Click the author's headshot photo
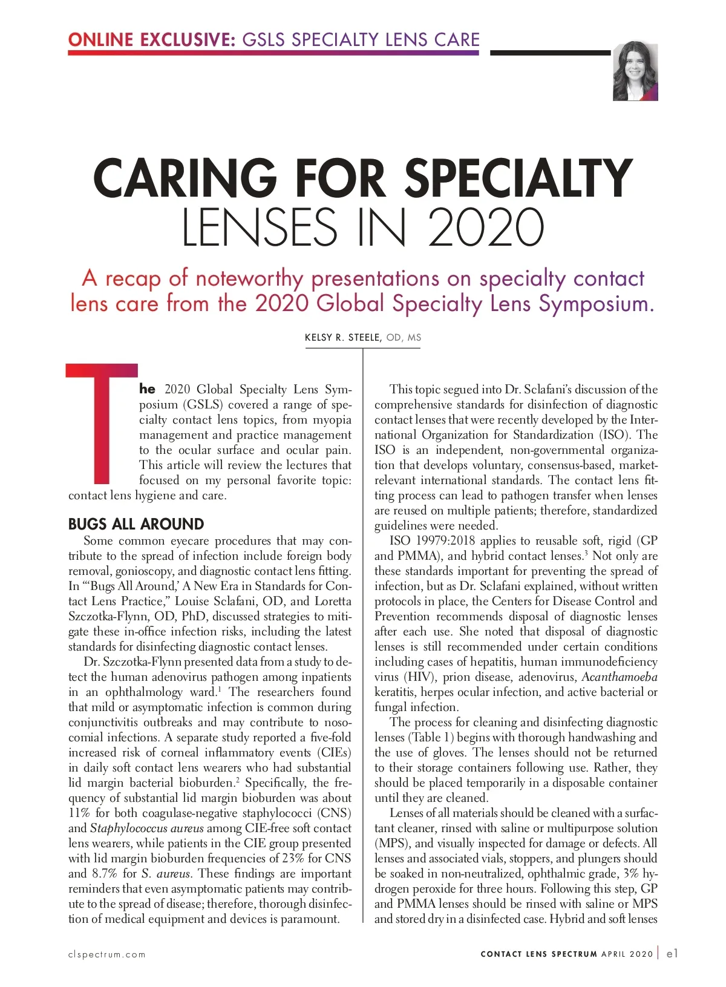(635, 71)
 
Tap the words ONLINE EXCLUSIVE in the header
(151, 40)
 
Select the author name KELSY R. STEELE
(342, 338)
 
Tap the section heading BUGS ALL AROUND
(136, 524)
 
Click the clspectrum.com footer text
(106, 954)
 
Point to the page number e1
(672, 954)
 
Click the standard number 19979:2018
(445, 540)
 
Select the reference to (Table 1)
(431, 737)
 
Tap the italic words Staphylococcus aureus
(146, 828)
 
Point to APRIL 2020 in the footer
(627, 954)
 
